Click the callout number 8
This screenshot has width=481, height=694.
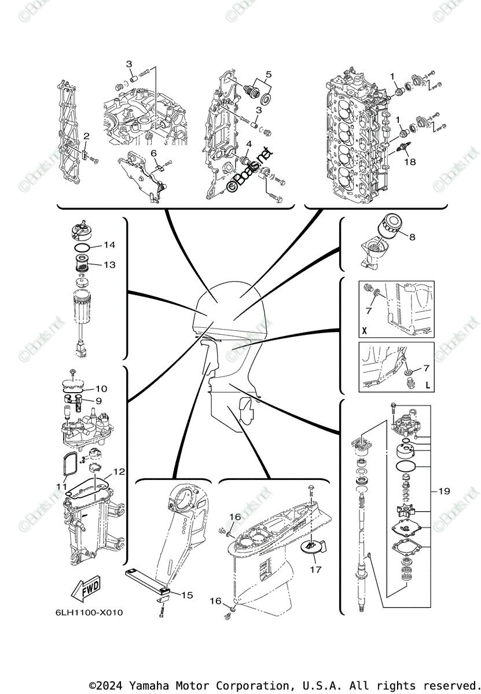(412, 237)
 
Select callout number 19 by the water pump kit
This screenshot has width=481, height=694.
(444, 491)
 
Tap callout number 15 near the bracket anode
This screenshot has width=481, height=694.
(187, 595)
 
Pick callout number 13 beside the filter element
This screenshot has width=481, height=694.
(110, 264)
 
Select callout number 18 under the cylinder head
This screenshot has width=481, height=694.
(410, 162)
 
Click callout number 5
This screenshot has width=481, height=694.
(269, 74)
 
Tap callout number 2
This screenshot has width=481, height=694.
(86, 136)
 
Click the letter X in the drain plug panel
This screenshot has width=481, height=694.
(364, 331)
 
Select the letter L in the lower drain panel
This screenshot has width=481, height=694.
(428, 384)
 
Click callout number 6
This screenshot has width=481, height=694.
(154, 153)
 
